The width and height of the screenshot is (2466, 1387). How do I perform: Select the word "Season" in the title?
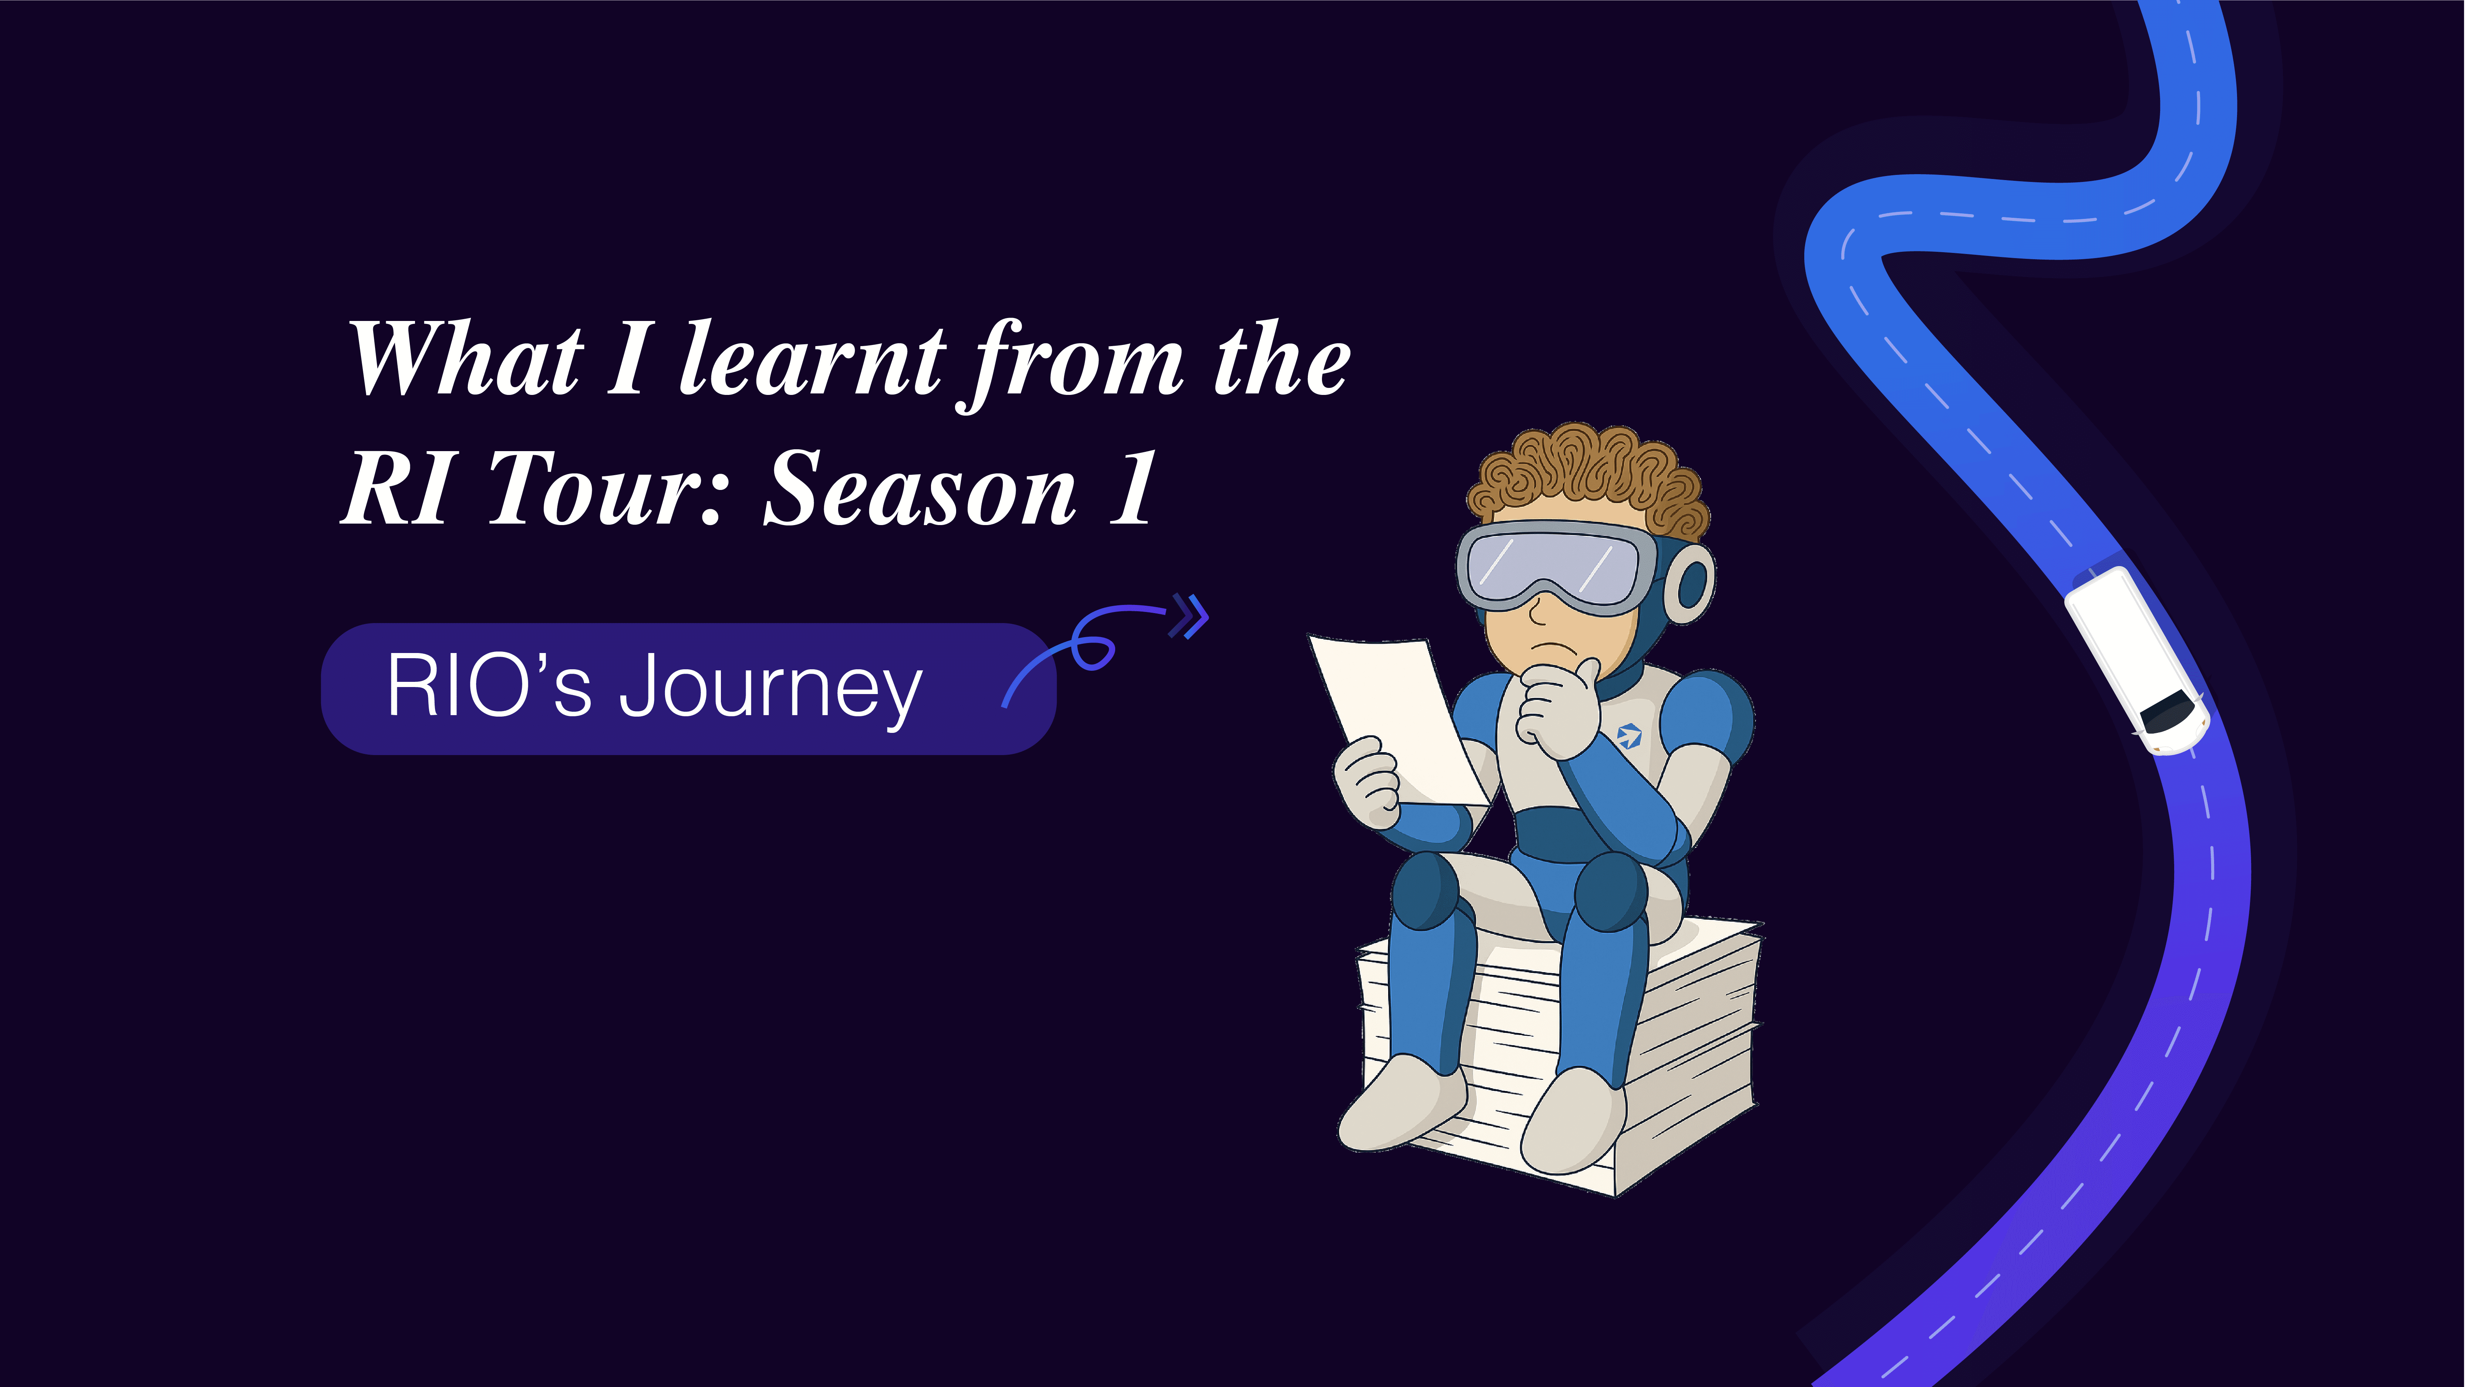point(919,490)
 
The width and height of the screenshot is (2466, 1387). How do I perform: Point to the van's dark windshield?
point(2168,710)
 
